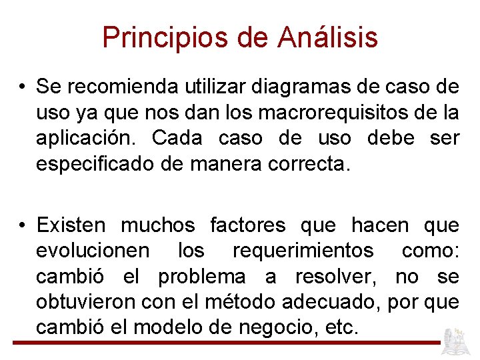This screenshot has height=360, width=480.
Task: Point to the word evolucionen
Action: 93,251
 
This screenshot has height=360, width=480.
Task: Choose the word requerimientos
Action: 303,251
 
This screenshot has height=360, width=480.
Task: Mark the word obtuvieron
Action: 86,302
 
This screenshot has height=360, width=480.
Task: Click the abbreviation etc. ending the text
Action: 343,327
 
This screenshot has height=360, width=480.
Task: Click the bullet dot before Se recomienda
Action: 23,87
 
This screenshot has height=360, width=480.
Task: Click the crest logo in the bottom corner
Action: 458,341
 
